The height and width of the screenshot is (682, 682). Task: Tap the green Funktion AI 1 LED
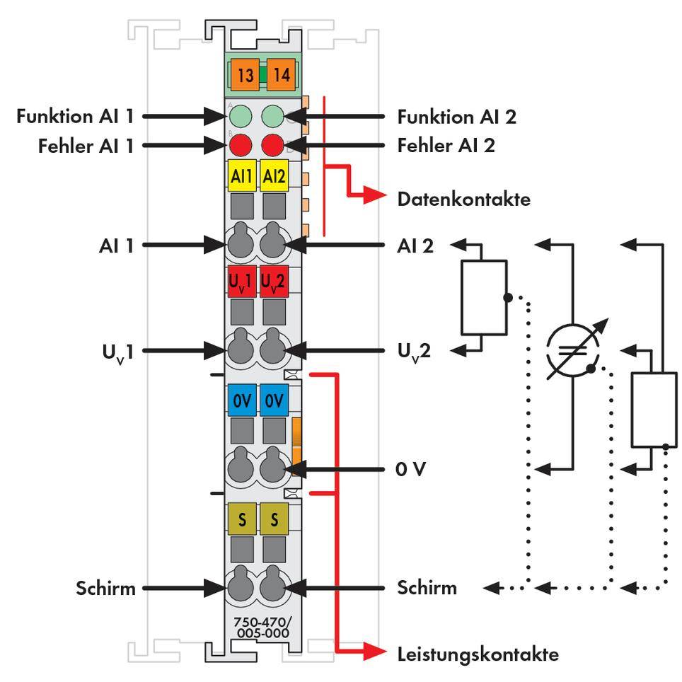241,116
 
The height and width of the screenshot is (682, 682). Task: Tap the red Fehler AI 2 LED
272,145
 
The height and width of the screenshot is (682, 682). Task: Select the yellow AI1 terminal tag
241,177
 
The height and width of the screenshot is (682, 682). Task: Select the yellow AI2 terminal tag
273,177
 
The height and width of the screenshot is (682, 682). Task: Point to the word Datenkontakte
463,200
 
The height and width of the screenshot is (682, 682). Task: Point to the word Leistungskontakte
478,654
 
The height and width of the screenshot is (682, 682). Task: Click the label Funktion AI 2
456,116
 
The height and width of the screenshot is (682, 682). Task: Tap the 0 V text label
412,469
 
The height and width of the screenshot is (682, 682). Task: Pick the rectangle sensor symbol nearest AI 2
483,297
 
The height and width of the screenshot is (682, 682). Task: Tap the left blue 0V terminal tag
241,400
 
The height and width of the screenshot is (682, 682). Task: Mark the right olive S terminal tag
273,519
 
